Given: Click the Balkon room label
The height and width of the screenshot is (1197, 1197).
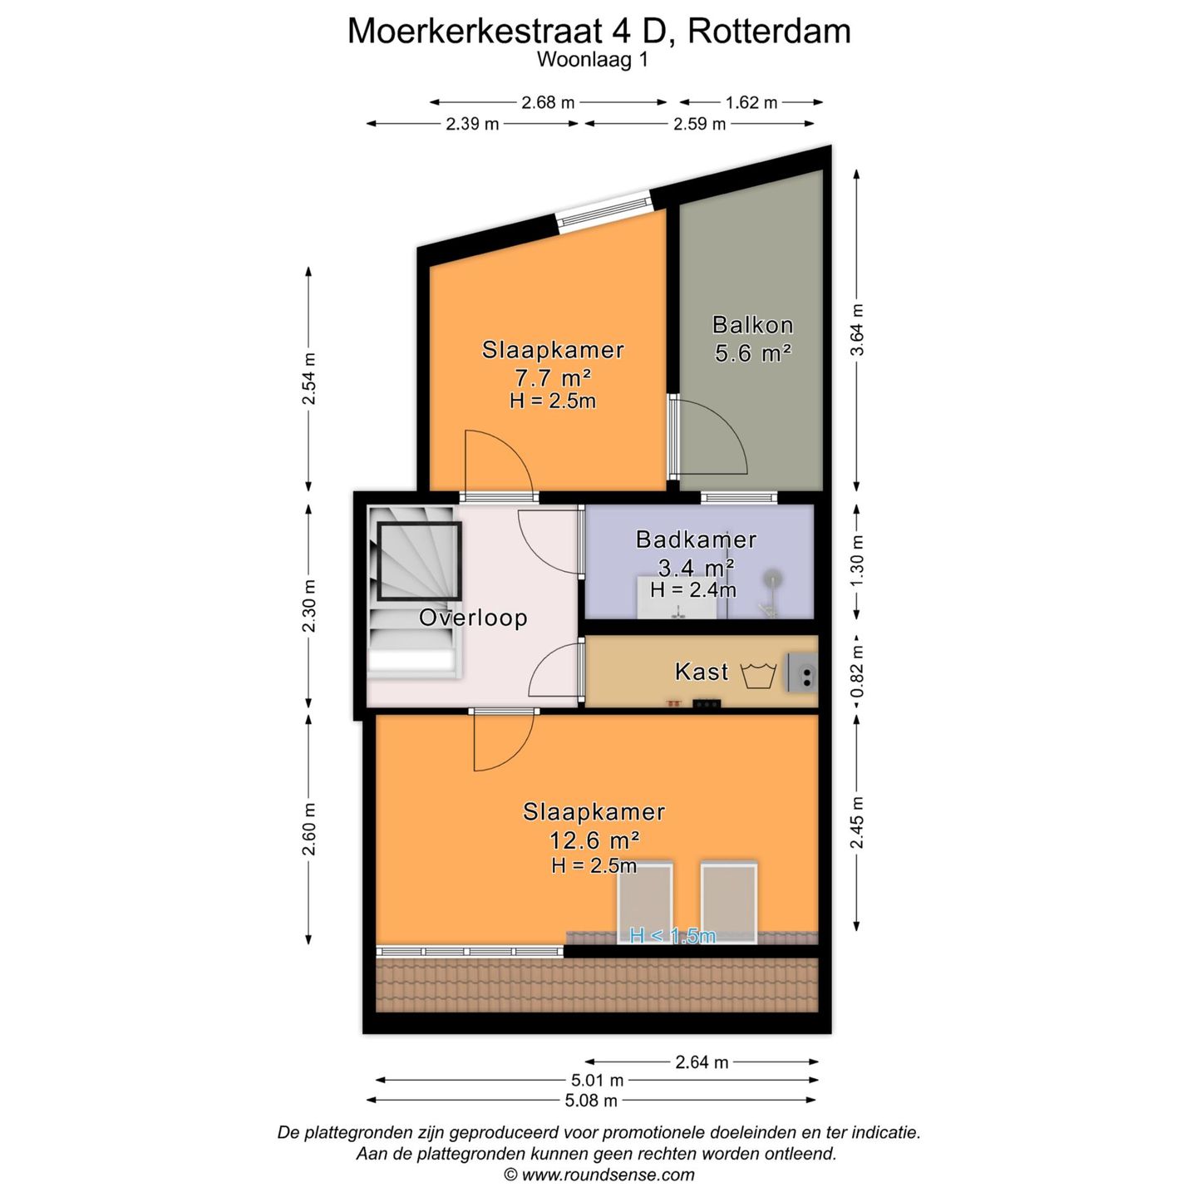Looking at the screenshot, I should pos(752,325).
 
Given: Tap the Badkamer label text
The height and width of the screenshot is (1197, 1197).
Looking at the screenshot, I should pos(696,539).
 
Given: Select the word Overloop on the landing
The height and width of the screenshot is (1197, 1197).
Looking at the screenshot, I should pos(472,618).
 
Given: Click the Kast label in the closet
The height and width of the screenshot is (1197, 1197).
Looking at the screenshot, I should pos(702,672).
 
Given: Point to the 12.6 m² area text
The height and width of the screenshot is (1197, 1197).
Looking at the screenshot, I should pos(594,840).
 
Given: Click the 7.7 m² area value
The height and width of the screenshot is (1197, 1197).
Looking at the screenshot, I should pos(553,378).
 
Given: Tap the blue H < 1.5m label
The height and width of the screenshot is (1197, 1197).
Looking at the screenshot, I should pos(672,936).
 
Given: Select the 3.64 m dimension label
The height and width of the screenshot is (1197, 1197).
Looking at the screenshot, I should pos(857,330).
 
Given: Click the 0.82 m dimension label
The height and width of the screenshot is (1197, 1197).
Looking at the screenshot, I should pos(857,672).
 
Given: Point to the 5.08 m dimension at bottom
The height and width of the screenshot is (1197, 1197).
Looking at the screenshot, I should pos(591,1101).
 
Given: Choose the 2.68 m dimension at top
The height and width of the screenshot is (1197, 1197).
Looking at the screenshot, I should pos(548,102).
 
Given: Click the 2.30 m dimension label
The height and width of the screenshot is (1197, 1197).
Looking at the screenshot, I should pos(308,606).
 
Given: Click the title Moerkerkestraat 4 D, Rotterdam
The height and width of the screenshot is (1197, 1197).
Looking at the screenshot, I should pos(598,32).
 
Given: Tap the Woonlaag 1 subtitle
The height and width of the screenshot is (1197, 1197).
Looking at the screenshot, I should pos(592,60).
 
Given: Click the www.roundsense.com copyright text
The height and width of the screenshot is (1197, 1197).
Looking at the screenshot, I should pos(598,1175).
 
